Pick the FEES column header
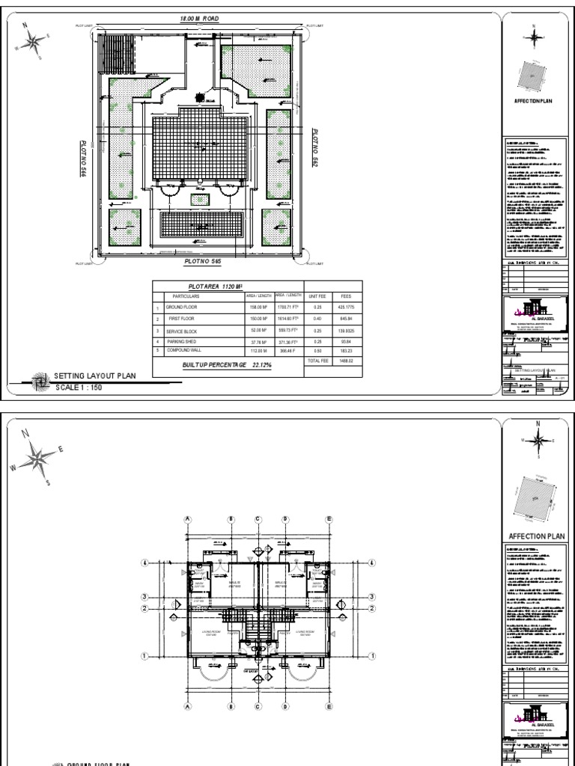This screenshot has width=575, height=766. (x=345, y=296)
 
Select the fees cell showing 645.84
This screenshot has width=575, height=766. (x=345, y=318)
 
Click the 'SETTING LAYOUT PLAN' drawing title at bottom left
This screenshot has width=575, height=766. (x=95, y=376)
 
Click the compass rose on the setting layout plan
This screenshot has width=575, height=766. (x=31, y=41)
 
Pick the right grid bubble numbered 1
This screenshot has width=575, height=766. (x=372, y=656)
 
